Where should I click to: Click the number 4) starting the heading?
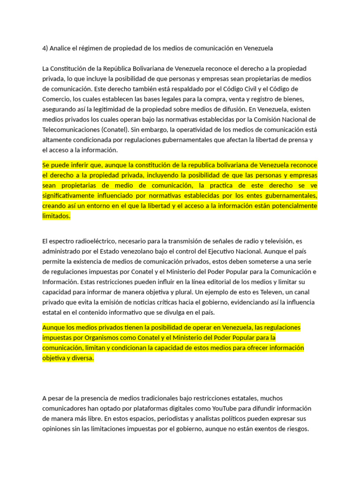click(x=45, y=48)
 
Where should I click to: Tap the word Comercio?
click(x=57, y=99)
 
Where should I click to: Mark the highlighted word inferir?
click(x=85, y=165)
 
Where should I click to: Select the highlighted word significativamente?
click(x=70, y=196)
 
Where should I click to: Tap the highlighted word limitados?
click(x=56, y=216)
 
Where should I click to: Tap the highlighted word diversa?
click(x=82, y=358)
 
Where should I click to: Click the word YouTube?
click(x=215, y=408)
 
